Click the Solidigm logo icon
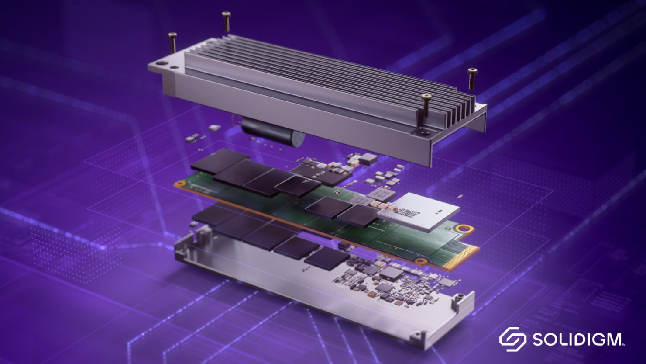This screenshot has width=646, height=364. tap(513, 339)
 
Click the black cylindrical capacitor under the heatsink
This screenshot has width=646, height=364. tap(272, 132)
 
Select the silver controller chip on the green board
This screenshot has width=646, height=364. tap(418, 212)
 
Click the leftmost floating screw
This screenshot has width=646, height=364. tap(172, 42)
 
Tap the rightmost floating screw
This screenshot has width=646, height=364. tap(472, 79)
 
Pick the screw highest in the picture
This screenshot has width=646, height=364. tap(227, 22)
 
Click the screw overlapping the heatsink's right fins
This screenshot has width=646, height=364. tap(426, 105)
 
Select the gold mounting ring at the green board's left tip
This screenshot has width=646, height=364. tap(180, 184)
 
